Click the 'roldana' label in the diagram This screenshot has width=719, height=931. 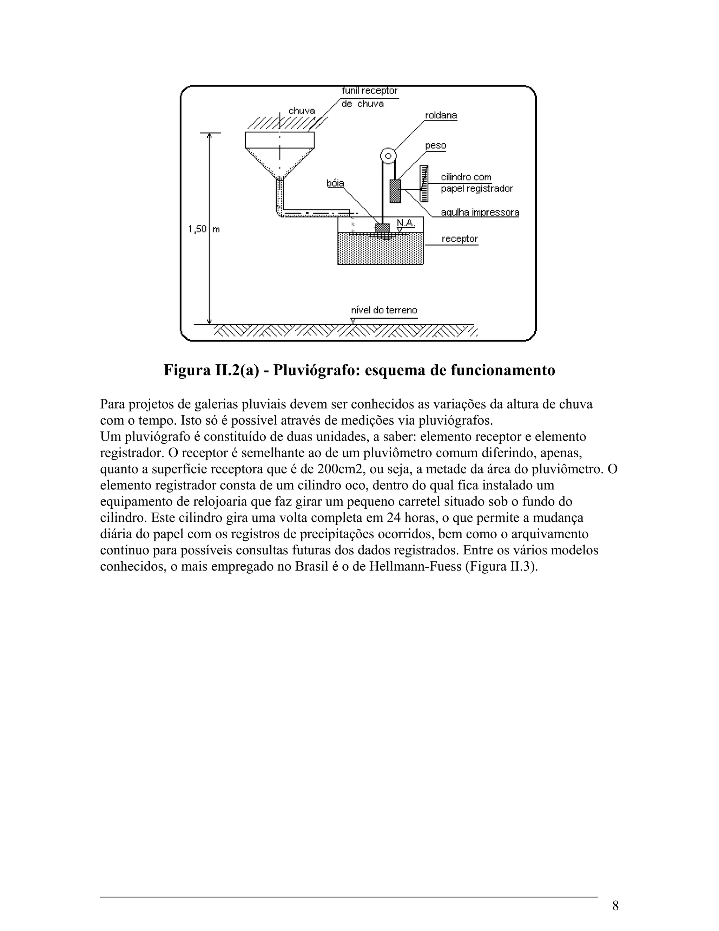pyautogui.click(x=441, y=116)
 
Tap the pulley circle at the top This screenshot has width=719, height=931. pyautogui.click(x=388, y=156)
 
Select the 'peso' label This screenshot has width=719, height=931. pyautogui.click(x=435, y=146)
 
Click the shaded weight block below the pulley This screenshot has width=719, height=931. pyautogui.click(x=395, y=191)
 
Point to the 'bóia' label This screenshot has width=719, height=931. pyautogui.click(x=335, y=183)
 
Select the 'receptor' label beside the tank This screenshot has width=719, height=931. pyautogui.click(x=459, y=239)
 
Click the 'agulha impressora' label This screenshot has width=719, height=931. pyautogui.click(x=480, y=212)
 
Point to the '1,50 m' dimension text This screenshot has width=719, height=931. pyautogui.click(x=204, y=229)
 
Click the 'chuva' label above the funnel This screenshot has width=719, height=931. pyautogui.click(x=302, y=111)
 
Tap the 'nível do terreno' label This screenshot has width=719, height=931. pyautogui.click(x=384, y=310)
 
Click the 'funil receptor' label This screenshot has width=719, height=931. pyautogui.click(x=369, y=91)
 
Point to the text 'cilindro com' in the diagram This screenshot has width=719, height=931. pyautogui.click(x=466, y=177)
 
